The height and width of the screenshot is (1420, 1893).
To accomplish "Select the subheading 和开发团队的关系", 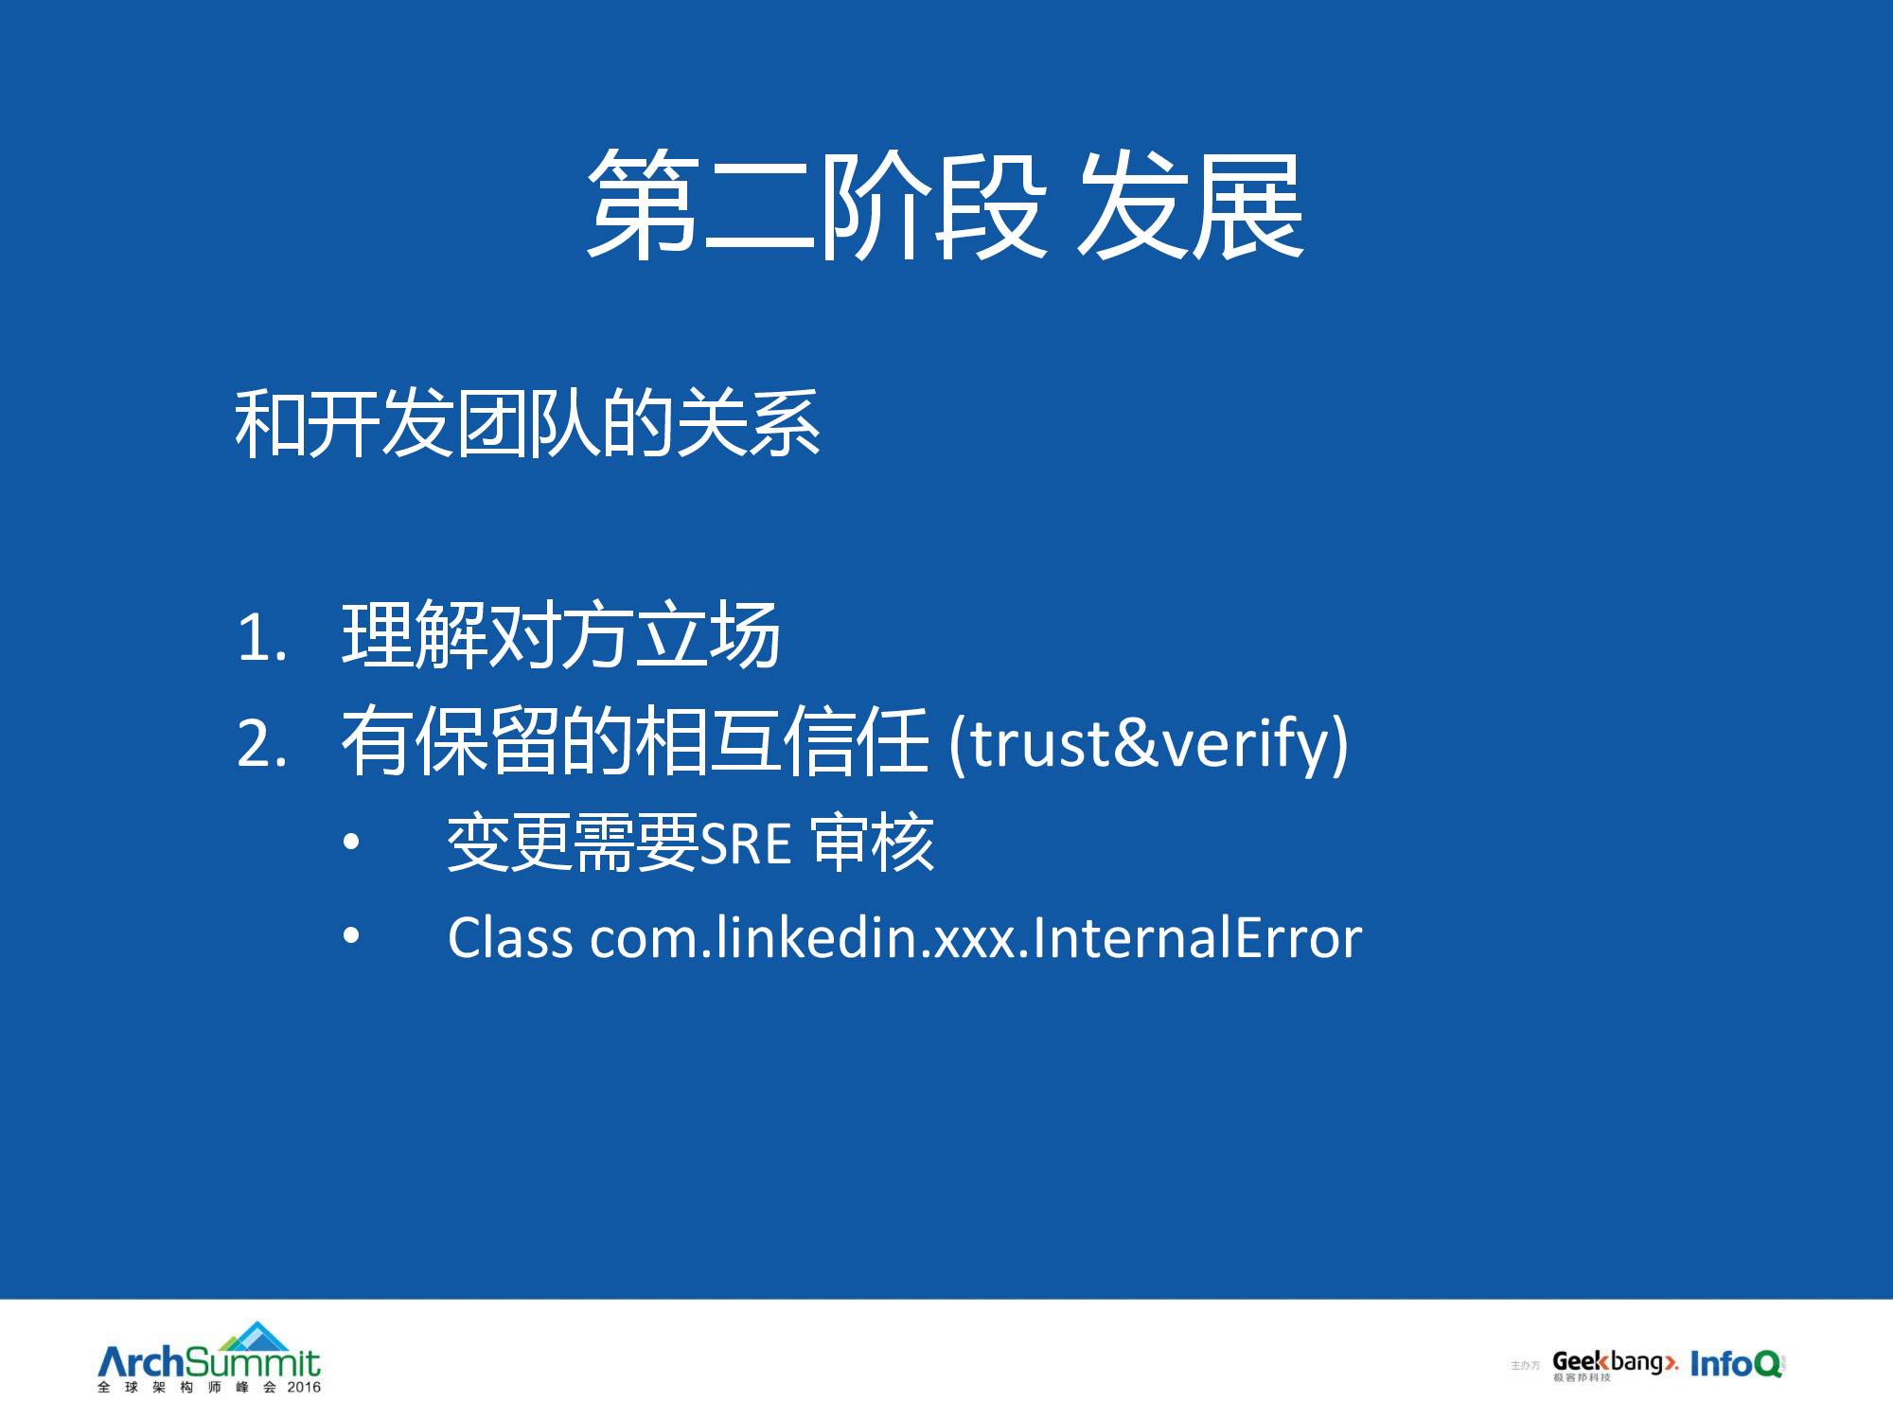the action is tap(527, 423).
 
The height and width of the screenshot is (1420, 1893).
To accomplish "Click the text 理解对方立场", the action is tap(561, 635).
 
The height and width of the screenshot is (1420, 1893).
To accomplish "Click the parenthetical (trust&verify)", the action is tap(1148, 744).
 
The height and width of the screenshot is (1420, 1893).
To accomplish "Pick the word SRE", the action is tap(746, 844).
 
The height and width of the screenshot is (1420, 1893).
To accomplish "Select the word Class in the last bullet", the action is tap(510, 938).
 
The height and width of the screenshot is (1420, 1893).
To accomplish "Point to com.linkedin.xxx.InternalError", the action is tap(976, 938).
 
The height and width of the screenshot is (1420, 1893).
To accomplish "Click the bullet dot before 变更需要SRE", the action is tap(352, 842).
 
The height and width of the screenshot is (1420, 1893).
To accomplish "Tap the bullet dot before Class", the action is tap(352, 936).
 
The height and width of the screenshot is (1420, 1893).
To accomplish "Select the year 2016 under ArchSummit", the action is tap(304, 1387).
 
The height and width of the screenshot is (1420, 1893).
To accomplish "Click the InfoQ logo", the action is tap(1736, 1363).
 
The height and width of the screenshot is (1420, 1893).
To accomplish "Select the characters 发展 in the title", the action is tap(1192, 205).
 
